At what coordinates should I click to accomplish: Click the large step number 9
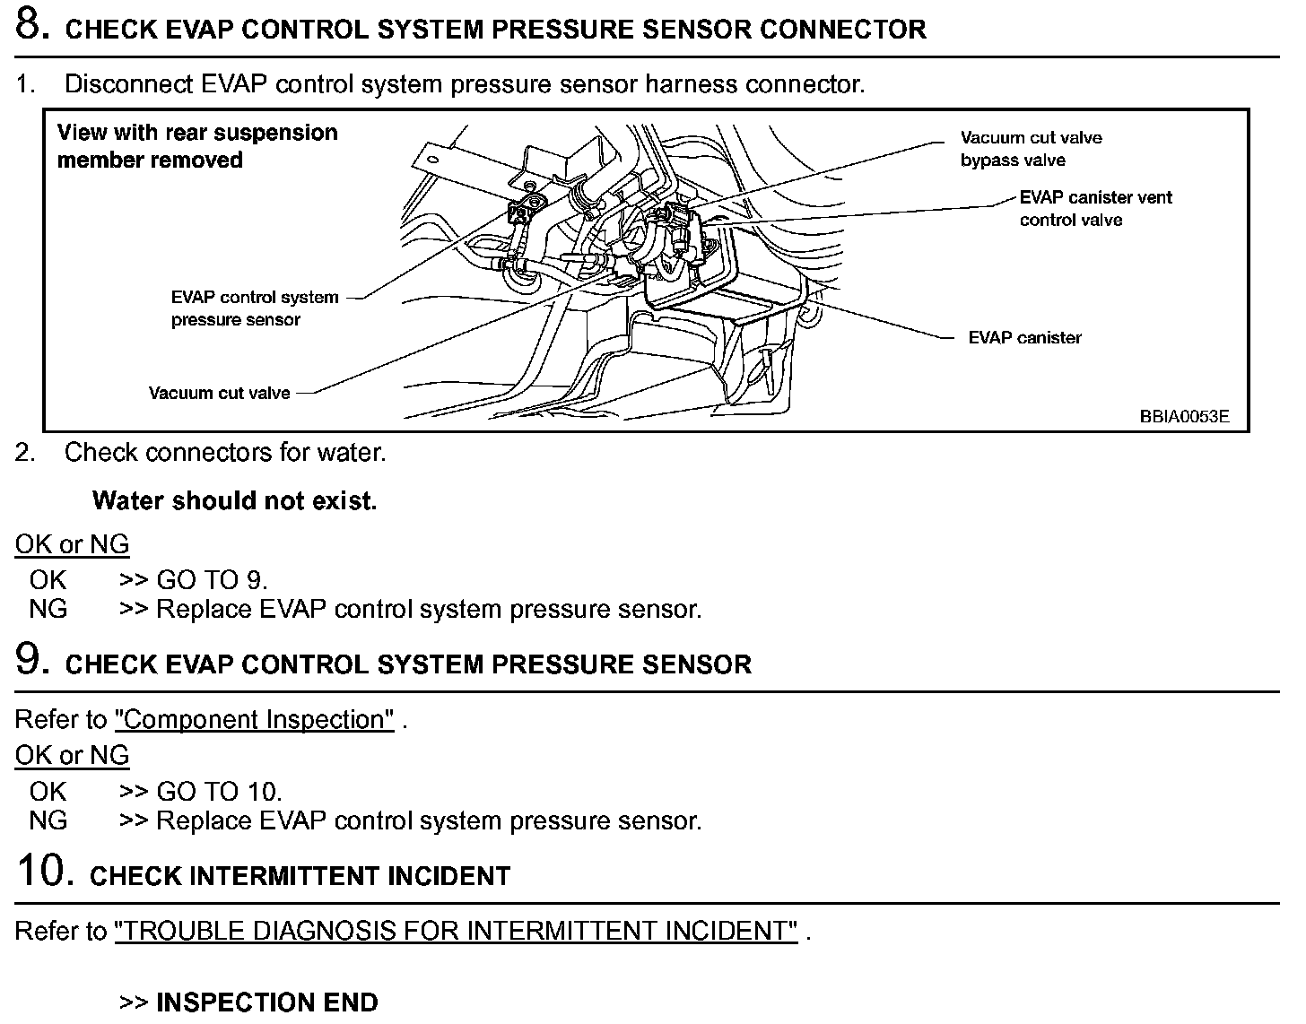tap(32, 660)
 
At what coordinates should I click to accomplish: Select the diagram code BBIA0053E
tap(1184, 416)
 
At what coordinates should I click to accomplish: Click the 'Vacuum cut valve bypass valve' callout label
tap(1031, 149)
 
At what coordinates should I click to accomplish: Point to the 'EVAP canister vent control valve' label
tap(1095, 209)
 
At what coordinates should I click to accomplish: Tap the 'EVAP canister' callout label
tap(1024, 338)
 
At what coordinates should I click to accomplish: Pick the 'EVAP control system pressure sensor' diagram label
tap(255, 308)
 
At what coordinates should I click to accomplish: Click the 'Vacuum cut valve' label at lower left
tap(220, 393)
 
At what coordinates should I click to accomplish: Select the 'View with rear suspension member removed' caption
tap(197, 146)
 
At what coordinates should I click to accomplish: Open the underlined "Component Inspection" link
tap(254, 720)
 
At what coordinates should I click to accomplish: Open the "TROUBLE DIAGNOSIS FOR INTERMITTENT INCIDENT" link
tap(456, 931)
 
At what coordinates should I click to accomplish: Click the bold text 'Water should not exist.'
tap(234, 500)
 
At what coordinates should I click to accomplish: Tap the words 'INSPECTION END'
tap(266, 1002)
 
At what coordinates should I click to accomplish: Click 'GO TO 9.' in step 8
tap(212, 580)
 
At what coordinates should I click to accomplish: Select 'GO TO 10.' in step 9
tap(219, 792)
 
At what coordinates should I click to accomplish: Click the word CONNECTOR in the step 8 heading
tap(842, 30)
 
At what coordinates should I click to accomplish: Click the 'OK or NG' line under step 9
tap(72, 756)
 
